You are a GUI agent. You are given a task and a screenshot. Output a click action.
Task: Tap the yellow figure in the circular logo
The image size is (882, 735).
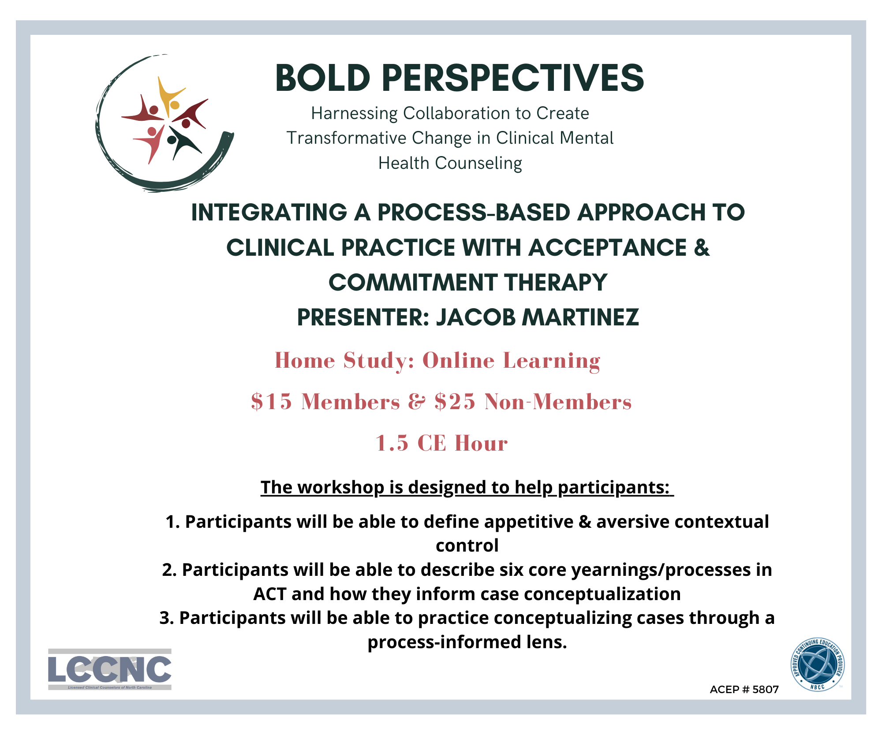tap(170, 96)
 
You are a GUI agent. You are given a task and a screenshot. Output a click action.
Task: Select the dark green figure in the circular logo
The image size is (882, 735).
tap(183, 142)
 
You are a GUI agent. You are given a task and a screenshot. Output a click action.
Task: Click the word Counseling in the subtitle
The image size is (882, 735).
tap(478, 163)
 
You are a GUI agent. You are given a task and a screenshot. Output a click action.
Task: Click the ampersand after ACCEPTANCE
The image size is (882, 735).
tap(702, 247)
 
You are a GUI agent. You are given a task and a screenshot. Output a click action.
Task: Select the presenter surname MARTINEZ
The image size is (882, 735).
tap(581, 317)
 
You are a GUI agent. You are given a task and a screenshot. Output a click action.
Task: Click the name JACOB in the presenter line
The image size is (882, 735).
tap(476, 317)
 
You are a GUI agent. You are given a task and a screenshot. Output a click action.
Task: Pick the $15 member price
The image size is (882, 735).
tap(272, 402)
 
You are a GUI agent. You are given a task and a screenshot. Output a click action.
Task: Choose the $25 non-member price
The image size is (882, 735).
tap(455, 402)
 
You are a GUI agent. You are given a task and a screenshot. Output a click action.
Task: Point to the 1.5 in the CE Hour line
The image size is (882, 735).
tap(392, 443)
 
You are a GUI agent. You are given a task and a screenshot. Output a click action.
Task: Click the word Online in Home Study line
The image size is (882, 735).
tap(459, 361)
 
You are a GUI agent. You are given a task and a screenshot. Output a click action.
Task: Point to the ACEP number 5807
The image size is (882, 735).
tap(766, 690)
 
